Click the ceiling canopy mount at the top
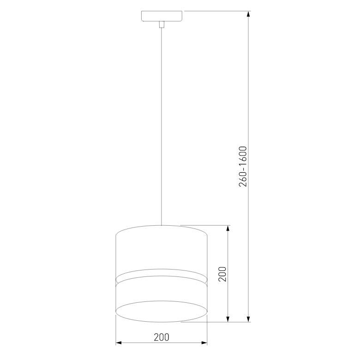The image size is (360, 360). tap(161, 16)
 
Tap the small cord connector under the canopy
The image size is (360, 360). tap(161, 24)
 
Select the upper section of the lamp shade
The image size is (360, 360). tap(161, 249)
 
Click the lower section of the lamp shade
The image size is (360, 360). tap(161, 293)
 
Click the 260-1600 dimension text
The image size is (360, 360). tap(244, 166)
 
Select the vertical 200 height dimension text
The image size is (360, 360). tap(222, 274)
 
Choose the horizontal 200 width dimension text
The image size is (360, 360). tap(161, 337)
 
